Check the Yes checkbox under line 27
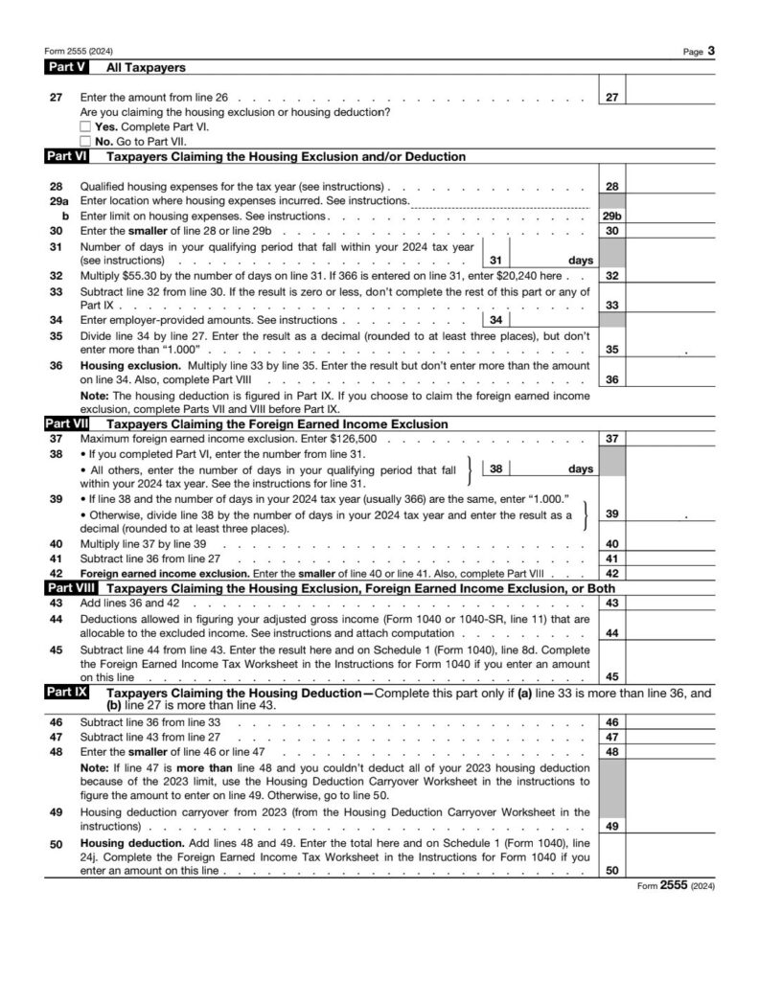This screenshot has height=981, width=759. [x=86, y=126]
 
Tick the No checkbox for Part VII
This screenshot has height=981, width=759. [x=86, y=141]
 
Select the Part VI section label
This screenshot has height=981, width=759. [x=67, y=156]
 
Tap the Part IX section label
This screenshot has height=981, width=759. [x=67, y=691]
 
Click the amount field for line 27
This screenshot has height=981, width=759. [x=671, y=97]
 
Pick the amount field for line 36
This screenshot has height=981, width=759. [x=671, y=379]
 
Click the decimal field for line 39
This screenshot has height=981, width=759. [x=671, y=514]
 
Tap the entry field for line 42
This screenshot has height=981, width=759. [x=671, y=573]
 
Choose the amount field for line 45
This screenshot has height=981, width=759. [x=671, y=676]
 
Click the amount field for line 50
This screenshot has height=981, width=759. [x=671, y=870]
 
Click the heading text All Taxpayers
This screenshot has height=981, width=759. [x=146, y=68]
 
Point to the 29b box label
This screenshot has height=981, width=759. [x=611, y=217]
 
